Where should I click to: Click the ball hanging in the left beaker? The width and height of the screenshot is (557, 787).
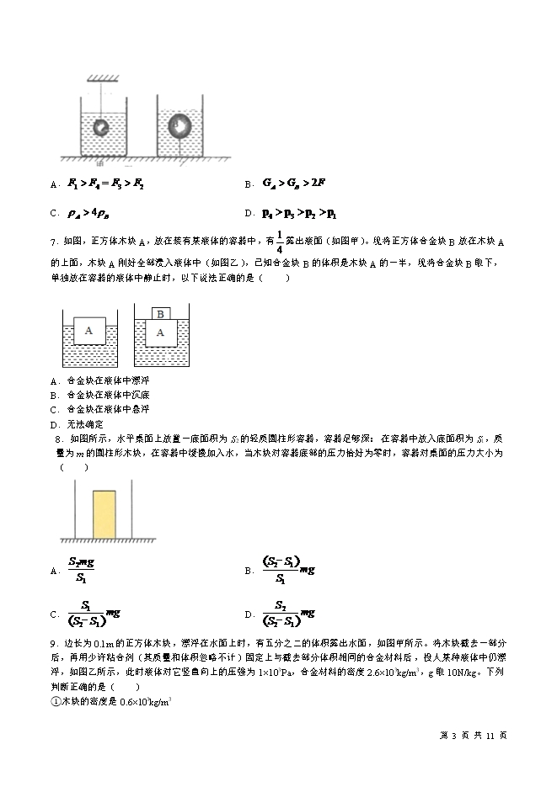click(x=101, y=128)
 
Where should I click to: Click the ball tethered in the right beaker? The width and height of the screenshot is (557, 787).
click(x=179, y=125)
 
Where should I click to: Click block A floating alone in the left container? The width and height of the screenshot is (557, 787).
click(x=88, y=331)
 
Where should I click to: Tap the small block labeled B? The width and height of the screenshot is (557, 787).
click(x=159, y=314)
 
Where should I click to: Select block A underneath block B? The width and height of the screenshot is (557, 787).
click(x=159, y=332)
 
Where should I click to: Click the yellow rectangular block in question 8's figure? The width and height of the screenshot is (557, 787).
click(x=104, y=513)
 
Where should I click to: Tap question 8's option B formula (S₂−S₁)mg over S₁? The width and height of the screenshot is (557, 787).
click(x=287, y=570)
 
